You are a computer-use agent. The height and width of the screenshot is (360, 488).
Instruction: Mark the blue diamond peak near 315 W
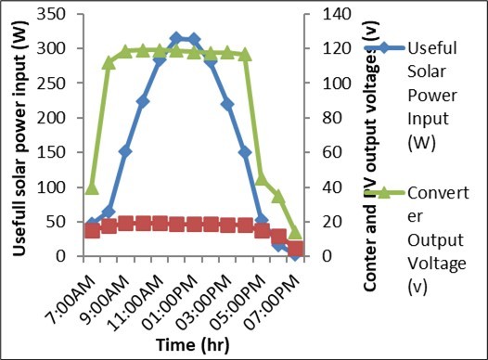[176, 38]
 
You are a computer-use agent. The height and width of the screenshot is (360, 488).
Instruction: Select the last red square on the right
[296, 248]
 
